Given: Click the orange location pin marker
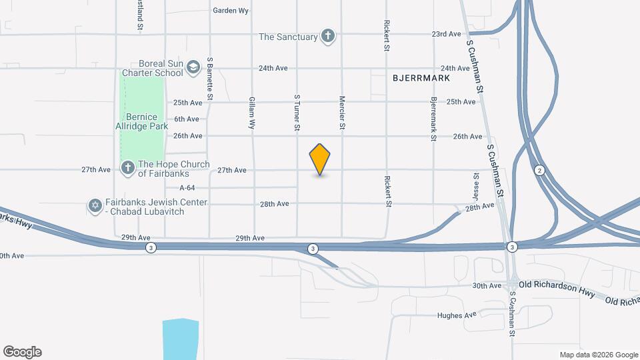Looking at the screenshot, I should pos(320,159).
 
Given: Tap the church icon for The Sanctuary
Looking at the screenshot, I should pos(327,36).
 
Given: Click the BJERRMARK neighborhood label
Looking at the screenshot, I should pos(421,78).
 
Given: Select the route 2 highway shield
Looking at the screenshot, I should pos(539,171).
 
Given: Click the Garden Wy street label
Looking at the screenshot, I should pos(231,11).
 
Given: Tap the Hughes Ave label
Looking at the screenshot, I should pos(457,315).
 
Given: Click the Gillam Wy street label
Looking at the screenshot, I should pos(252,111).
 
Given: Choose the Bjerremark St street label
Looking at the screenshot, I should pos(433,119).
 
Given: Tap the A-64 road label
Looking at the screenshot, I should pos(187,188).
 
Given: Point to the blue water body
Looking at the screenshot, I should pos(180,340).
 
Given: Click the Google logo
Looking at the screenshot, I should pos(22,352).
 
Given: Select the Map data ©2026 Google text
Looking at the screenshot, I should pos(598,355).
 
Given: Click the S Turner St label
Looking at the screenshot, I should pos(297,112).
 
